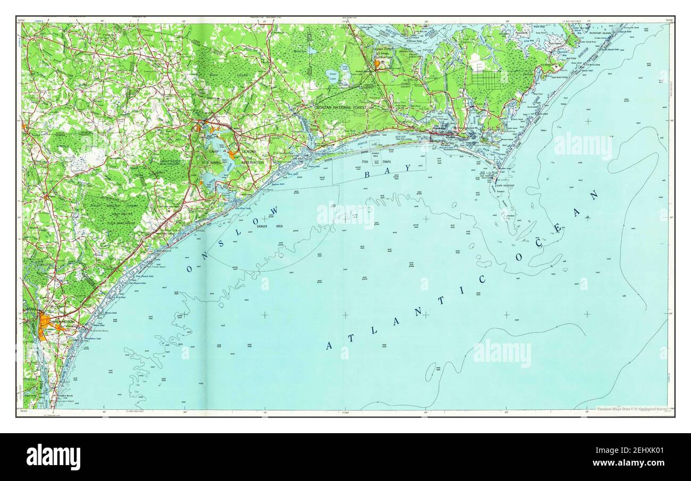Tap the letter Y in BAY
[x=408, y=168]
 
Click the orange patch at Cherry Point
[x=378, y=64]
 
